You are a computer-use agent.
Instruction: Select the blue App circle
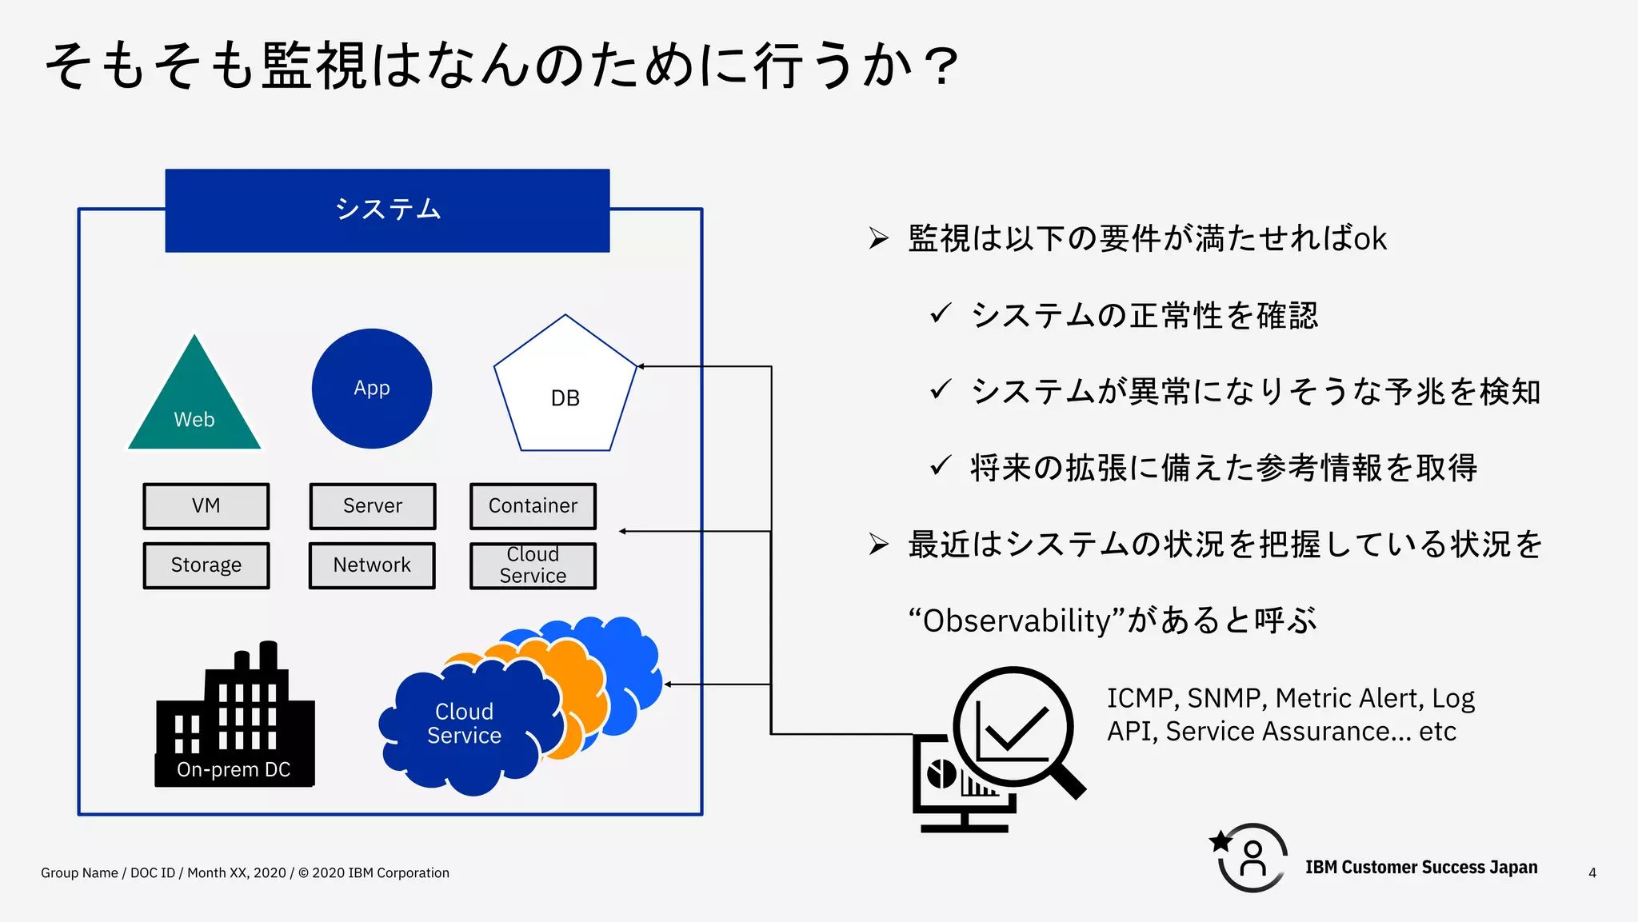372,389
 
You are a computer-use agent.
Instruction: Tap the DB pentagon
565,392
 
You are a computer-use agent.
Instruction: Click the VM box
206,506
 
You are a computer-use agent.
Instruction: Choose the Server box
373,506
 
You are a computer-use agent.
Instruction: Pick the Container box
533,506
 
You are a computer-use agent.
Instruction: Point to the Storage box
206,565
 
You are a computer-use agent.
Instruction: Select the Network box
372,565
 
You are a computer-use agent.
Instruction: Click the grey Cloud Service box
533,565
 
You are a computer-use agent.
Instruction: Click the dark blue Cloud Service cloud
465,724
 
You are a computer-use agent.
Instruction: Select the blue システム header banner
387,210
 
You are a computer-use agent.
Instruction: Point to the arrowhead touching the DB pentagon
641,366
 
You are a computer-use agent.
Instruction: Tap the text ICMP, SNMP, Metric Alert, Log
1290,698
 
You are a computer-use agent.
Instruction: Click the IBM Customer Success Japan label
1420,868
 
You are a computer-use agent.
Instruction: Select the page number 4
1592,873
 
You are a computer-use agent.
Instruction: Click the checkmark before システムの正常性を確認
941,313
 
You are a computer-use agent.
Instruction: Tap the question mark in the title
944,66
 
